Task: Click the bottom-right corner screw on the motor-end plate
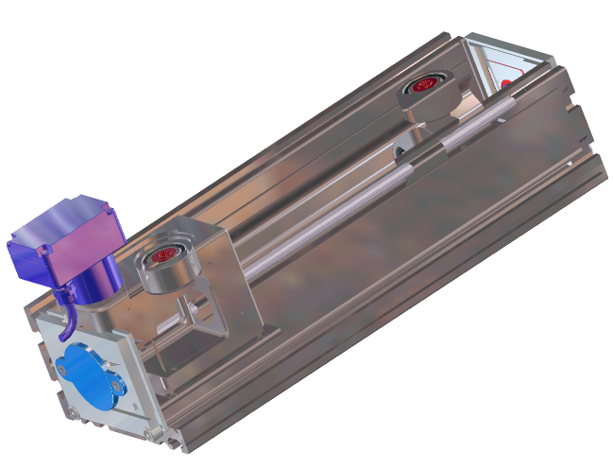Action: tap(149, 433)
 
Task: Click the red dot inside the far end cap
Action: tap(506, 83)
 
